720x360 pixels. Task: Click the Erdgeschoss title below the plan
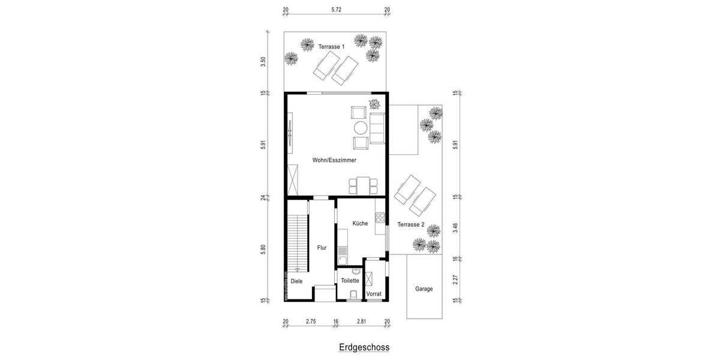pyautogui.click(x=364, y=347)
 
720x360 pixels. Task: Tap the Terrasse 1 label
pyautogui.click(x=332, y=46)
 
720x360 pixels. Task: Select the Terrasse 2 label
pyautogui.click(x=411, y=224)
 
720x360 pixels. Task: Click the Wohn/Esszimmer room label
pyautogui.click(x=334, y=160)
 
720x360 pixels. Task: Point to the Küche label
pyautogui.click(x=360, y=223)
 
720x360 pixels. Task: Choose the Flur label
pyautogui.click(x=322, y=247)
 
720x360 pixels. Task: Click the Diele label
pyautogui.click(x=296, y=281)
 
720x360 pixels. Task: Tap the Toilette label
pyautogui.click(x=350, y=280)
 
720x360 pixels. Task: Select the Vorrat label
pyautogui.click(x=374, y=293)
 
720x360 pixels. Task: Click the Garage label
pyautogui.click(x=424, y=289)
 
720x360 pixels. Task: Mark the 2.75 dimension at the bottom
pyautogui.click(x=311, y=322)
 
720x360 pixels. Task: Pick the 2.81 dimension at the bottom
pyautogui.click(x=361, y=322)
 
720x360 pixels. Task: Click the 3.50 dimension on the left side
pyautogui.click(x=263, y=61)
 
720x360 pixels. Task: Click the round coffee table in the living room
pyautogui.click(x=361, y=128)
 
